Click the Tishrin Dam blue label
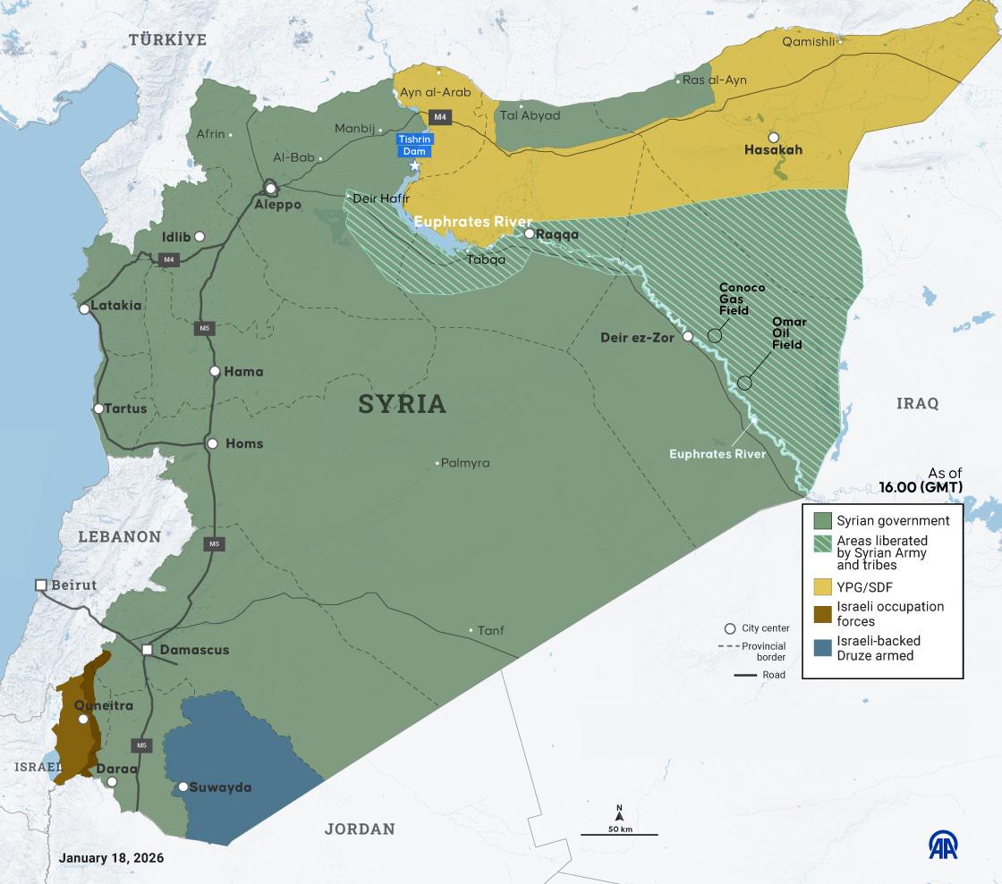[415, 146]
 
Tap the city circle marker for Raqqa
[530, 234]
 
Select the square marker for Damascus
[148, 650]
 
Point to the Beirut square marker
[40, 585]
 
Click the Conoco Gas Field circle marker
[715, 335]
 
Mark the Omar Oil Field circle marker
[745, 383]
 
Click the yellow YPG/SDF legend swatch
[822, 587]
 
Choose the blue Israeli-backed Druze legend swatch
[822, 648]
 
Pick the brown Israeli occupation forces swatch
[822, 614]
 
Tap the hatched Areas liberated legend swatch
[822, 546]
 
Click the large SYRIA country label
[402, 404]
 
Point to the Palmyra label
[466, 463]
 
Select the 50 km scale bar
[619, 834]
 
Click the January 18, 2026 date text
[111, 857]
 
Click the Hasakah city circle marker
[773, 137]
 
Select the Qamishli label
[808, 42]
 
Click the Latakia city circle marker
[84, 309]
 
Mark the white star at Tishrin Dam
[414, 166]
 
